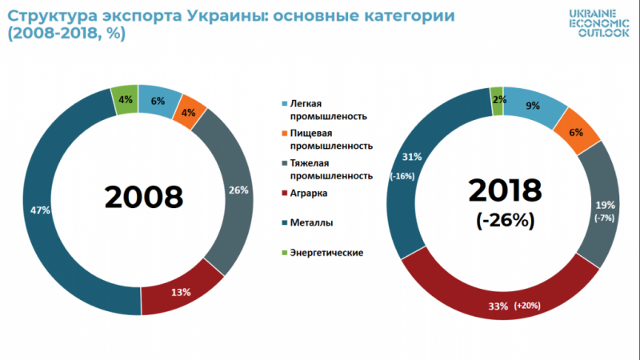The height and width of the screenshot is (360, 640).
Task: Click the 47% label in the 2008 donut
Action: coord(40,210)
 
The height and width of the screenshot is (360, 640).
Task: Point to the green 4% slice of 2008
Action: coord(125,100)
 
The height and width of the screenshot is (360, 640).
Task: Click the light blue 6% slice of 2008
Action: coord(158,101)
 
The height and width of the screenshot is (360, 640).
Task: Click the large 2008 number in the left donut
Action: coord(144,197)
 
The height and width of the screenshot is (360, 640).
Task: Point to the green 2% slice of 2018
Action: coord(497,100)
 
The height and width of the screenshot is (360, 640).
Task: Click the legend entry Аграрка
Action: coord(302,194)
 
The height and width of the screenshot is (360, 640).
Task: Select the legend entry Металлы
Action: coord(304,223)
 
